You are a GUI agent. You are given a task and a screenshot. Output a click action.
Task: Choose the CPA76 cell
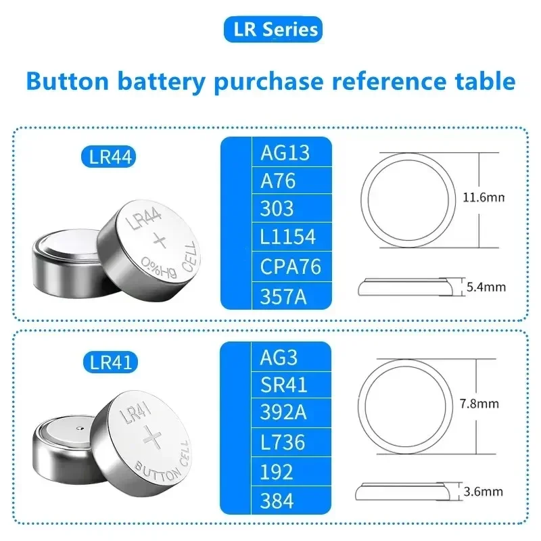click(x=291, y=266)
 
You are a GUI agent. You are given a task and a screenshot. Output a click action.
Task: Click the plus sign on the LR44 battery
click(x=160, y=239)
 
